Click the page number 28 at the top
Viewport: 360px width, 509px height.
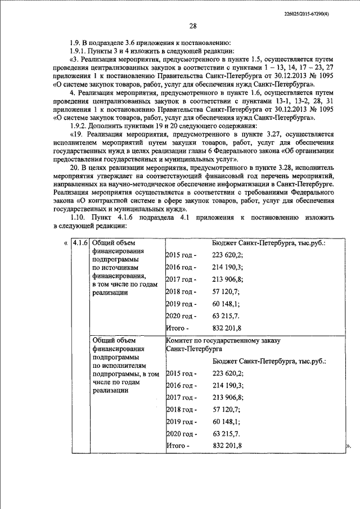[x=193, y=26]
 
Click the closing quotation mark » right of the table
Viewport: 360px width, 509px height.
[x=347, y=445]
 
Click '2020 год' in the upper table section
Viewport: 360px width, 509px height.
[x=181, y=316]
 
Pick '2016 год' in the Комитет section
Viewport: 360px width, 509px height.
[x=181, y=385]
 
